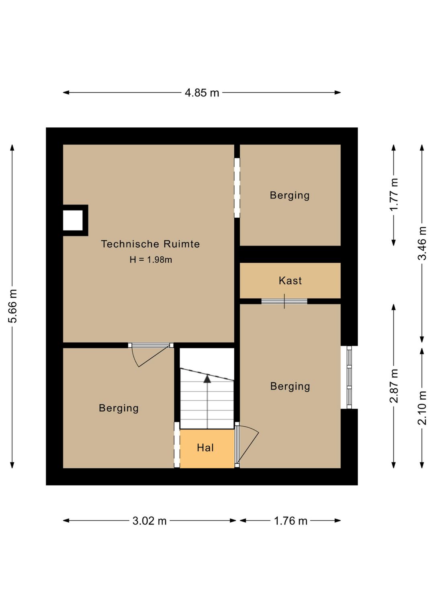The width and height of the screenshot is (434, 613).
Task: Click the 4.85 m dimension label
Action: (202, 93)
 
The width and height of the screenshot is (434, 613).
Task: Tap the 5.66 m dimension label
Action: (13, 306)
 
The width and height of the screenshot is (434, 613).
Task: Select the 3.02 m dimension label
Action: (149, 521)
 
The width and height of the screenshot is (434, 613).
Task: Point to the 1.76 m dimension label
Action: (291, 521)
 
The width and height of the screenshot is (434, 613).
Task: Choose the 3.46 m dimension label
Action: (422, 243)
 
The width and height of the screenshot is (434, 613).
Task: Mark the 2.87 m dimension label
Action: (394, 386)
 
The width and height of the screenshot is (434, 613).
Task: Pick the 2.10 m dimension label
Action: (422, 408)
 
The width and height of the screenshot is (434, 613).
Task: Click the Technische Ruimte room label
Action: (150, 244)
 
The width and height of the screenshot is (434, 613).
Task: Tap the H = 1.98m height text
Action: (151, 260)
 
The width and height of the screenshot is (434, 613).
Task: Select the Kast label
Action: (290, 281)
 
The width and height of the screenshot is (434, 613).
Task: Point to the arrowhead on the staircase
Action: (207, 379)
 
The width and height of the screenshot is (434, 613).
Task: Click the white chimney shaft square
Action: (73, 220)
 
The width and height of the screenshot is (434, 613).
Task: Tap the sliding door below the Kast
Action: (284, 301)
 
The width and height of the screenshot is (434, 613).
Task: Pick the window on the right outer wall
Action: (349, 377)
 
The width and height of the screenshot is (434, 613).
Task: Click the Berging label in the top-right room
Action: (290, 195)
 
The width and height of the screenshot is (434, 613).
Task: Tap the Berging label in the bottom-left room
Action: (119, 408)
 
